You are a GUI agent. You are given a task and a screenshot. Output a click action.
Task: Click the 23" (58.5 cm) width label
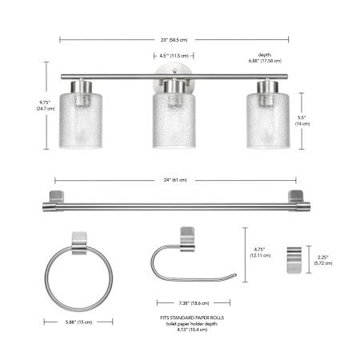click(174, 40)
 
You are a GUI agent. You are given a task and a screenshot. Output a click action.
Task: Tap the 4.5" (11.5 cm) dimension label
click(174, 56)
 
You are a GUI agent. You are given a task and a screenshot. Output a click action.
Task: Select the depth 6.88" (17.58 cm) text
click(265, 58)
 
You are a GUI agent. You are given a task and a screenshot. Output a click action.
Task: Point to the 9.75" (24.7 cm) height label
click(46, 106)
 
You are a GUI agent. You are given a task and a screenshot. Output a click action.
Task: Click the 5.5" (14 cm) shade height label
click(302, 121)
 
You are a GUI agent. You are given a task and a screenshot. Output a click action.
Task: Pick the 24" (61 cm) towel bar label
click(175, 180)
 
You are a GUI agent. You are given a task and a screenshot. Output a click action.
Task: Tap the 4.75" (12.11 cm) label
click(260, 252)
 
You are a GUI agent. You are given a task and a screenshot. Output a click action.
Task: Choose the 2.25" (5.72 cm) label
click(323, 260)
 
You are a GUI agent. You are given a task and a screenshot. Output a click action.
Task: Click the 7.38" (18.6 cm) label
click(194, 303)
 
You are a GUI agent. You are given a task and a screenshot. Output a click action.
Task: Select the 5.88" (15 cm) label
click(78, 322)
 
